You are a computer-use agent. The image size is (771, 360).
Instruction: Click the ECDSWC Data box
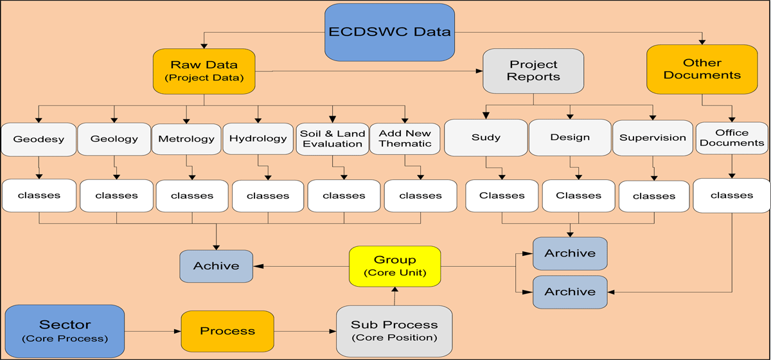click(389, 32)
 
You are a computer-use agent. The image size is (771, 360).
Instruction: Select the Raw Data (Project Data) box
click(204, 71)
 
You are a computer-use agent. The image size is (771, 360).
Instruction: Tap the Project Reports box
click(533, 71)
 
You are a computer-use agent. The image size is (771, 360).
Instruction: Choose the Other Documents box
click(702, 69)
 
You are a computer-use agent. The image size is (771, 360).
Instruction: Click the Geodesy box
click(39, 139)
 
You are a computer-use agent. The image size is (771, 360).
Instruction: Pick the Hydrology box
click(258, 138)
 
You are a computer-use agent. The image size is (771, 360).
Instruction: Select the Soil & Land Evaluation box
click(333, 139)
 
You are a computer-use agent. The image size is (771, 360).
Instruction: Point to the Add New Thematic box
click(405, 138)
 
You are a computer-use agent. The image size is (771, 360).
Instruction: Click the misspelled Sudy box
click(486, 138)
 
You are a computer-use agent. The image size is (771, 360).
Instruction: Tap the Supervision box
click(653, 138)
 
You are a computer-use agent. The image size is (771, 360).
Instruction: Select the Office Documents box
click(732, 138)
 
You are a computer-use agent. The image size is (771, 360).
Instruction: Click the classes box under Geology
click(117, 195)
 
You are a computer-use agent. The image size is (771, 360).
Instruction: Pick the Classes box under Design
click(579, 195)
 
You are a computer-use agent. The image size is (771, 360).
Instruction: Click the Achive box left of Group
click(216, 266)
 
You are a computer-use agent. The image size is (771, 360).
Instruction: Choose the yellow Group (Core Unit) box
click(394, 266)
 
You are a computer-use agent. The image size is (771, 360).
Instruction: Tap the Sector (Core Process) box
click(65, 331)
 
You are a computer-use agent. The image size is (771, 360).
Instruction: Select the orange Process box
click(227, 331)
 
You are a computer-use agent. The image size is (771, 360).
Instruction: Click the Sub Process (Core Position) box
click(394, 331)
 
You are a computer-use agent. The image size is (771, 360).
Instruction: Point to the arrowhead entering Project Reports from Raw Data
click(479, 71)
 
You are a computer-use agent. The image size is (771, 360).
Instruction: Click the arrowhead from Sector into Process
click(177, 332)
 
